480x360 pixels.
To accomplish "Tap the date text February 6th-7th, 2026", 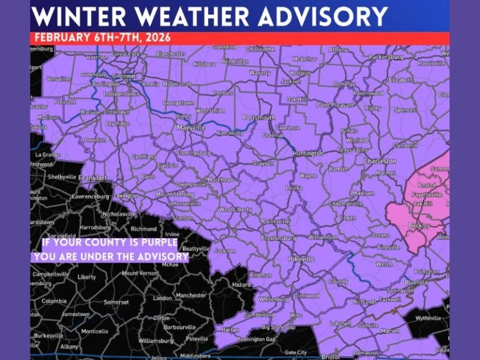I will pos(101,37).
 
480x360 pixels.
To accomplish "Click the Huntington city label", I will pos(307,153).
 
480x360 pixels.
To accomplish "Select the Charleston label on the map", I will pos(380,161).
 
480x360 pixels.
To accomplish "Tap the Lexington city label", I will pos(126,195).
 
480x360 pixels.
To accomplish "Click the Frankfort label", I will pos(94,177).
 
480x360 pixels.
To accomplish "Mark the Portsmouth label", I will pos(258,117).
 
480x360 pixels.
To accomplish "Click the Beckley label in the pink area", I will pos(419,224).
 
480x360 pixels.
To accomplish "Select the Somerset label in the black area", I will pos(116,302).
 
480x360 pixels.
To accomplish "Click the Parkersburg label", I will pos(386,56).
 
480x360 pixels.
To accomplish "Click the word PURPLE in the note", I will pos(157,242).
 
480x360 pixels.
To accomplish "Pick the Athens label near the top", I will pos(338,49).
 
